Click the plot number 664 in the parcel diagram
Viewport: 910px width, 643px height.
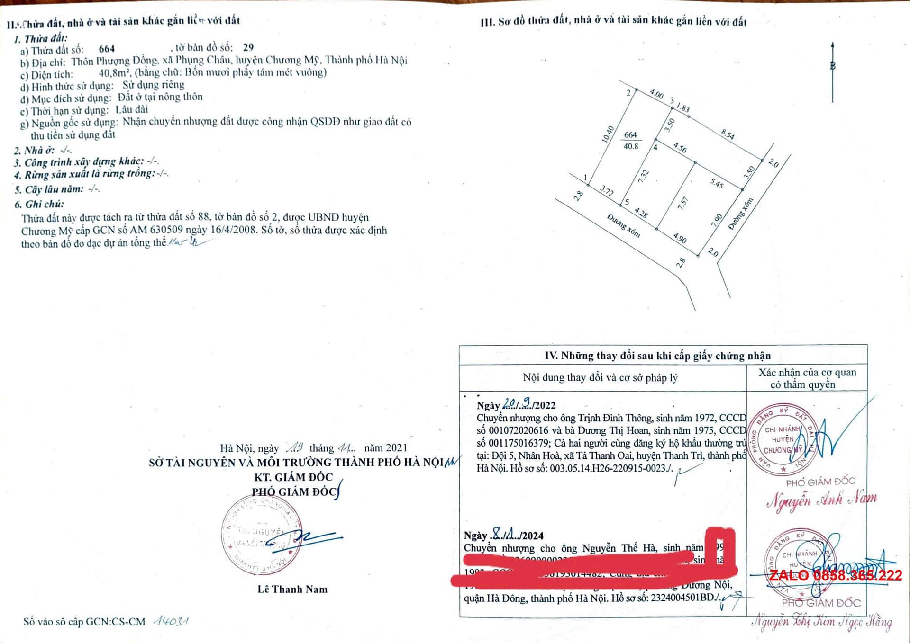point(630,135)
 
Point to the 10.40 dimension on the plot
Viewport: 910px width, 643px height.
point(607,134)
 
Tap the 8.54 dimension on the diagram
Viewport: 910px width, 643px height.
point(728,134)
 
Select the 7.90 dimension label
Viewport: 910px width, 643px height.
point(717,220)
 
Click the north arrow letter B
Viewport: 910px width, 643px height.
point(833,66)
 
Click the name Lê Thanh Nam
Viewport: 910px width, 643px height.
point(292,589)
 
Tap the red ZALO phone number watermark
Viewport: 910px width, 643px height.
point(835,576)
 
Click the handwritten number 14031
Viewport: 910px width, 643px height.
point(171,621)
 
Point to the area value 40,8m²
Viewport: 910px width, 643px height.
point(114,73)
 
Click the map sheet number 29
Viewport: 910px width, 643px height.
point(248,47)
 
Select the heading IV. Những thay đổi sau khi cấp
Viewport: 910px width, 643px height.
point(658,356)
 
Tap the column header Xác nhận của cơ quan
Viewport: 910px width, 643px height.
point(807,373)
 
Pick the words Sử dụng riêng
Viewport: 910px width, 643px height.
point(154,85)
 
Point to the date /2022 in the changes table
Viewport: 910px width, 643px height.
point(544,405)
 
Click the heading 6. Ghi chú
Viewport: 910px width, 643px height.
point(39,204)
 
